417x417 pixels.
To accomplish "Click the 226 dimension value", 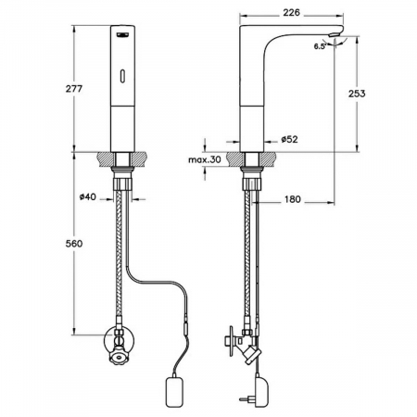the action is click(x=291, y=12).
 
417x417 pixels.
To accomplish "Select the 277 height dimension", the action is click(x=74, y=89).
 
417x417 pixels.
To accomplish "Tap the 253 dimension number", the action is click(x=357, y=94).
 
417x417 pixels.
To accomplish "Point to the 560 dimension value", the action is click(x=74, y=244).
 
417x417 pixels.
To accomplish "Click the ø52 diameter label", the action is click(x=289, y=139).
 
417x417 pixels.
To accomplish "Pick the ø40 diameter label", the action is click(x=88, y=196).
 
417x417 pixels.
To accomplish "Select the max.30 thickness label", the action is click(x=205, y=159).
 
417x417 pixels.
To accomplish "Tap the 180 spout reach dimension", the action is click(x=292, y=199).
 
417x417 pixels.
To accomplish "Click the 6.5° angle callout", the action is click(x=320, y=46).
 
